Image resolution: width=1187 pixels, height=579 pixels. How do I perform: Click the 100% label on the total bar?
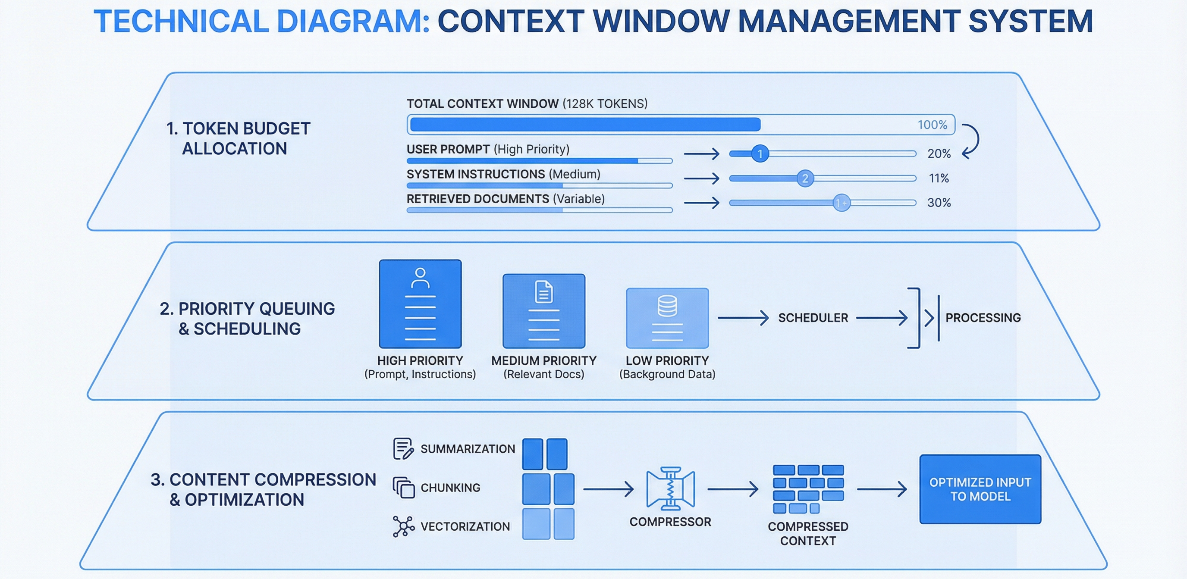(x=932, y=125)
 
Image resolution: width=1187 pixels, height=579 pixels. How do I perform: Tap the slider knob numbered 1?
(x=760, y=153)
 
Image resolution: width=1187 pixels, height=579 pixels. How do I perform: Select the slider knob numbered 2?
(x=805, y=178)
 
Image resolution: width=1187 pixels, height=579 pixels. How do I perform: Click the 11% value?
(x=939, y=178)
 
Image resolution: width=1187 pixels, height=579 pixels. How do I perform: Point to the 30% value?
(x=939, y=203)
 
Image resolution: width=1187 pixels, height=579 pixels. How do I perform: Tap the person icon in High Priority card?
(x=420, y=278)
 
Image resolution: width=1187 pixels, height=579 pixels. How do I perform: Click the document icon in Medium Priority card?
(x=544, y=291)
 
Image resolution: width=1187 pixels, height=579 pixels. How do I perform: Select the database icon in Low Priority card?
(x=667, y=306)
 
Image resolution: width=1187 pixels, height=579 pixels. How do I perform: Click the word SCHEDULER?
(x=813, y=318)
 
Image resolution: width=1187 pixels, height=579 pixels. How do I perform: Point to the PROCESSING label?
(x=983, y=318)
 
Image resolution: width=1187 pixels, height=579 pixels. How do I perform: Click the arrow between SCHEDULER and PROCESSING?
(x=882, y=318)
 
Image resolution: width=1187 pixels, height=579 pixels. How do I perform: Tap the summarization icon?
(x=403, y=449)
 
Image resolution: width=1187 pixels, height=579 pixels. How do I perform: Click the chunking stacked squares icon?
(x=404, y=487)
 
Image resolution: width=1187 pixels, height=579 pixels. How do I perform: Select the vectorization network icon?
(x=403, y=526)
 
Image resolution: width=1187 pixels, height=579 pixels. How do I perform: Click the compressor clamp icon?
(x=670, y=489)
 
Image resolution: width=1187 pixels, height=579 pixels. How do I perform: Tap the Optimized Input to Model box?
(x=980, y=489)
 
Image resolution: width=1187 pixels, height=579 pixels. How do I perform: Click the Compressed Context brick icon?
(x=808, y=489)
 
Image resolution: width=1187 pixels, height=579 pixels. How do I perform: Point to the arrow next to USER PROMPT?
(x=701, y=154)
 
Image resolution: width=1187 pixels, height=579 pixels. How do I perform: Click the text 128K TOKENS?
(x=605, y=103)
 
